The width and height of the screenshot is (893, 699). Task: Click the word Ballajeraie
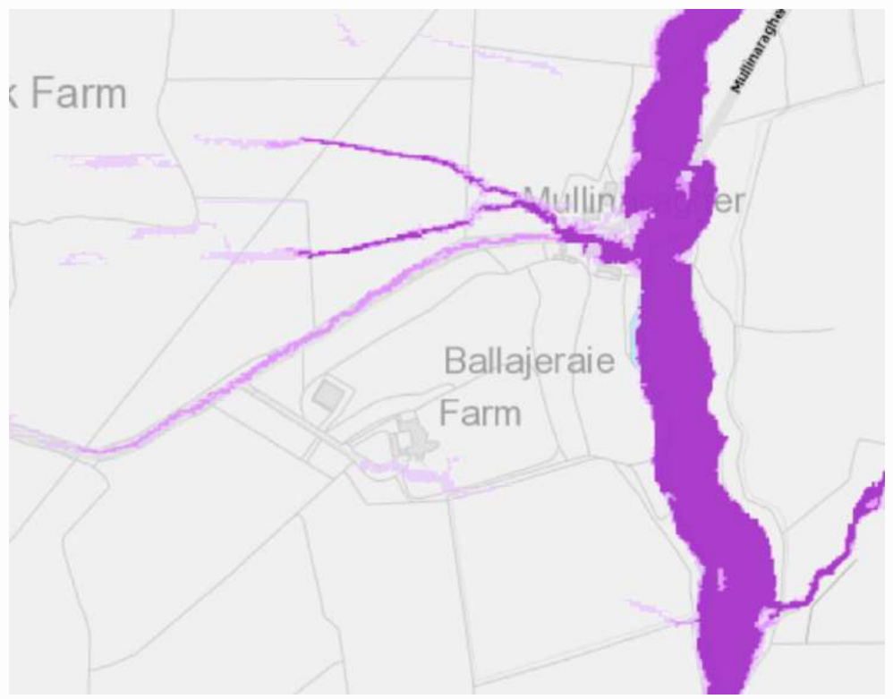pyautogui.click(x=530, y=362)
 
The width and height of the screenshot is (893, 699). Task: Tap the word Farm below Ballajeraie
pyautogui.click(x=481, y=413)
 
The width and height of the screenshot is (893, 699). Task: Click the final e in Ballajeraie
pyautogui.click(x=606, y=363)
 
